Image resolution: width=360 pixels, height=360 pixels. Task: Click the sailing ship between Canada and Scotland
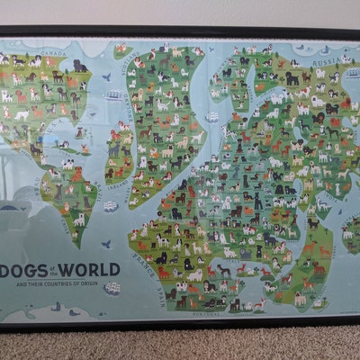(x=112, y=94)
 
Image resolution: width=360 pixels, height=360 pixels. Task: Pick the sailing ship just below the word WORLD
(x=111, y=289)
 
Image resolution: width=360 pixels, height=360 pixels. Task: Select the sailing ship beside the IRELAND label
(x=109, y=206)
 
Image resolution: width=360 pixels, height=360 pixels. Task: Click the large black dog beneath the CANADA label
(x=80, y=66)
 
